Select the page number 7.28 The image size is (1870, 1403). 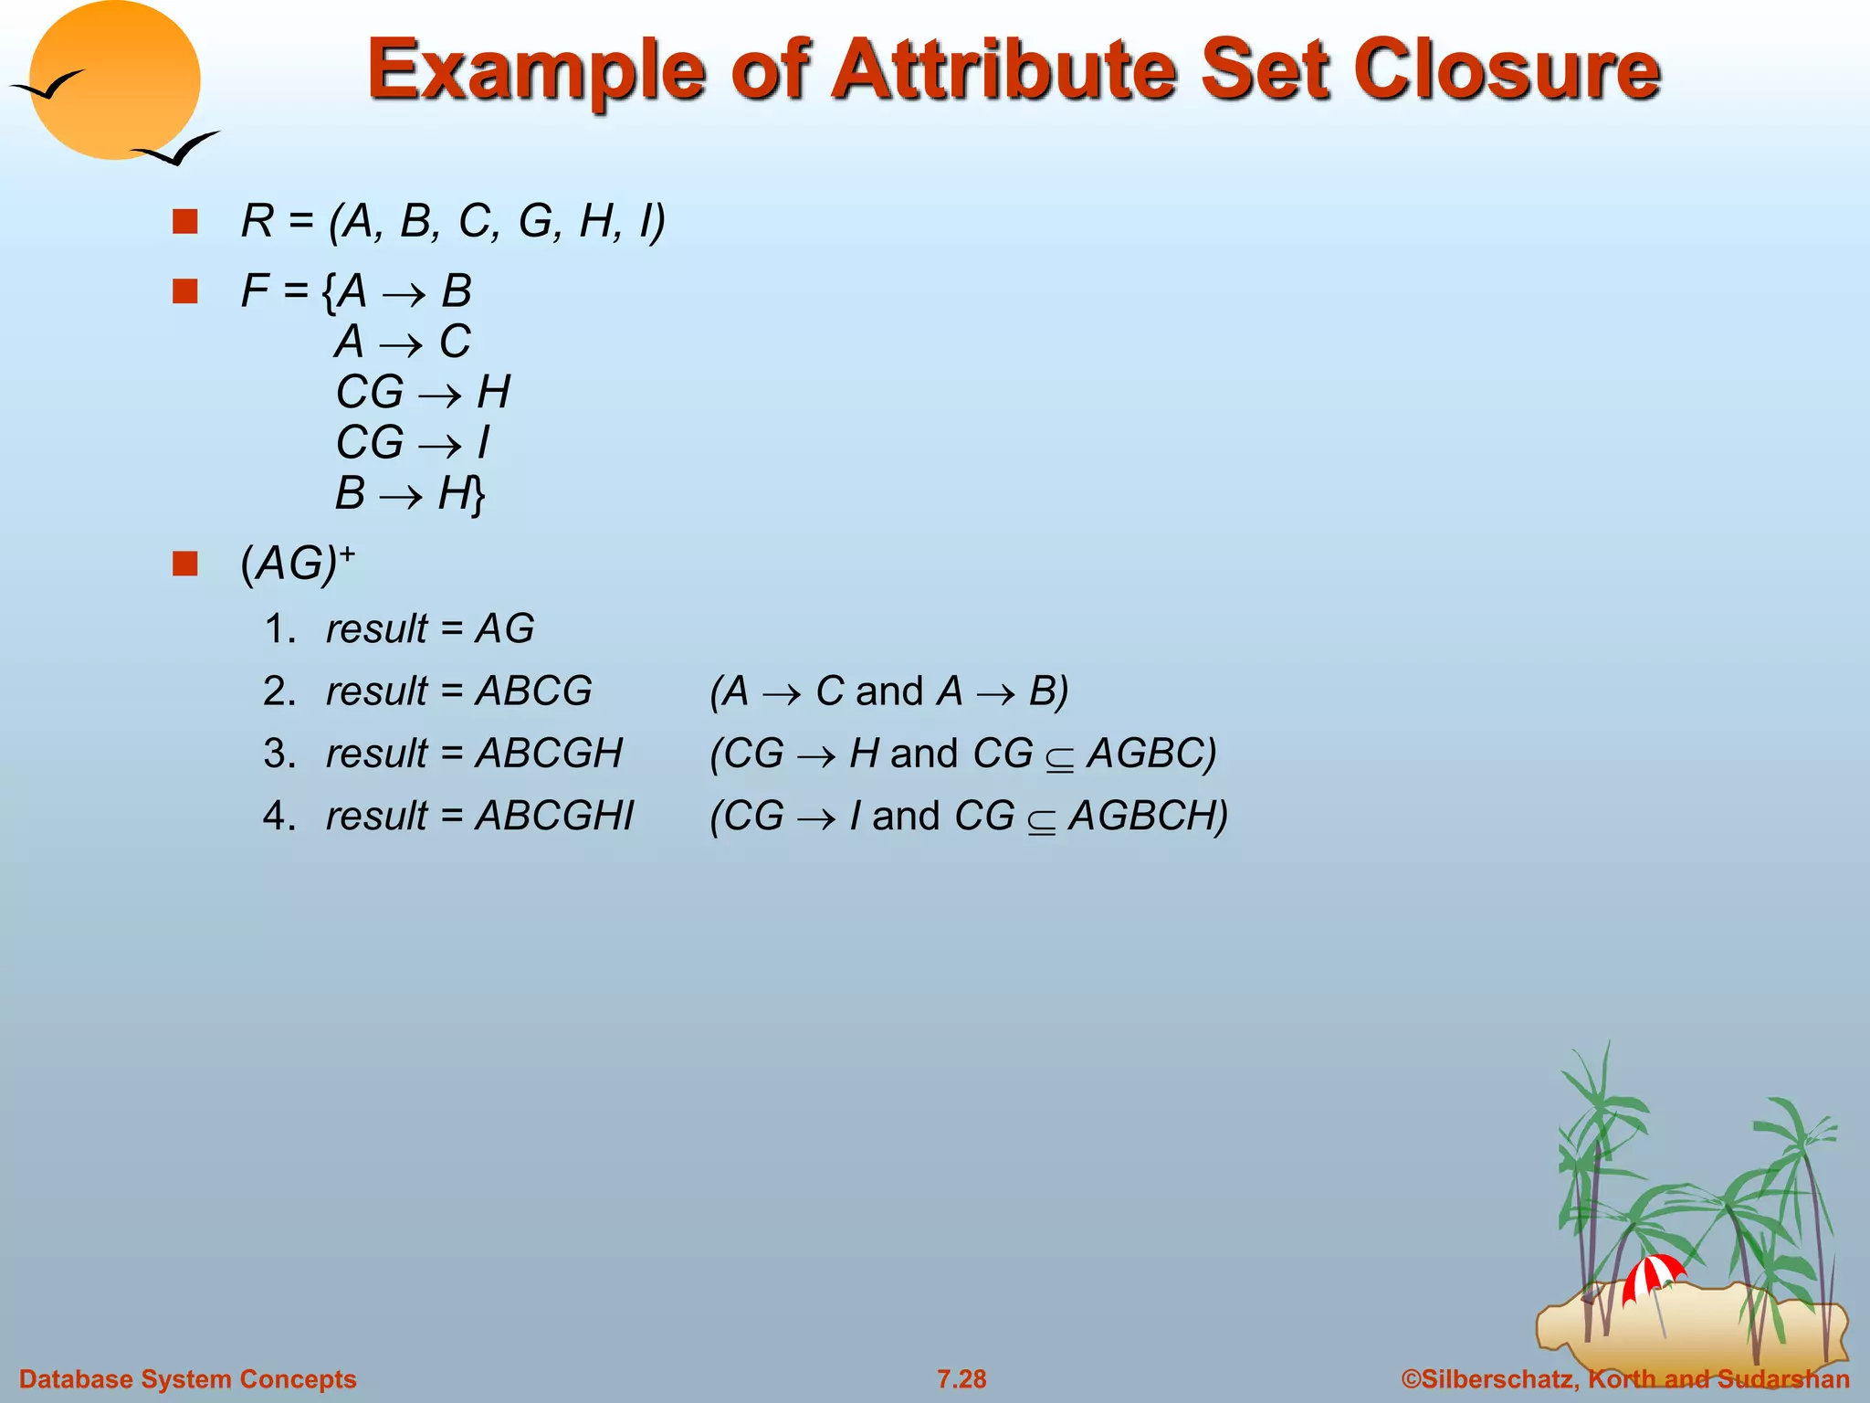tap(961, 1379)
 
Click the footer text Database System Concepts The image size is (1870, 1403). tap(188, 1379)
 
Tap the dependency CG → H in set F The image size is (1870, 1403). tap(423, 393)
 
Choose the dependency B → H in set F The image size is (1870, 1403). tap(403, 494)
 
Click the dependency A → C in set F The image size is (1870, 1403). tap(403, 343)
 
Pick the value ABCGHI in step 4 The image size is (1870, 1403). tap(555, 816)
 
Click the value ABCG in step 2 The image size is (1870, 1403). tap(534, 691)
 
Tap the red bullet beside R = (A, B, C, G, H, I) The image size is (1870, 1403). tap(185, 222)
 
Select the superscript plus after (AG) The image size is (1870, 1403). tap(347, 553)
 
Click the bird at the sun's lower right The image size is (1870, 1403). tap(178, 150)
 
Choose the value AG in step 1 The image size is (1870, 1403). tap(505, 629)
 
